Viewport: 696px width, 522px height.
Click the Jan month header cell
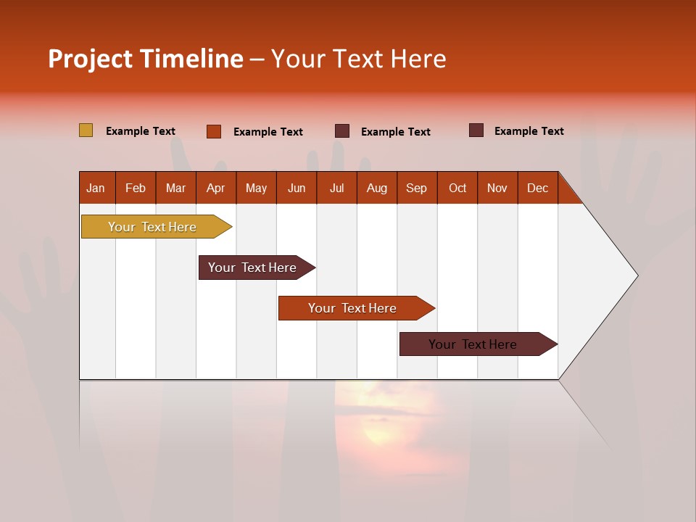click(96, 188)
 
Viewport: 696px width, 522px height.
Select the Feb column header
click(136, 188)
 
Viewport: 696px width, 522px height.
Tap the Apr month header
click(215, 188)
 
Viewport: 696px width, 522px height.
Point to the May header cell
click(256, 188)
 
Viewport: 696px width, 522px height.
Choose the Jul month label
click(336, 188)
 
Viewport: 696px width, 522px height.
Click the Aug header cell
click(376, 188)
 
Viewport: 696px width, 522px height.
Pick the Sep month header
click(416, 188)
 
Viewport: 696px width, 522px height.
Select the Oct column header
click(457, 188)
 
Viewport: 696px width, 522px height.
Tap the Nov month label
click(497, 188)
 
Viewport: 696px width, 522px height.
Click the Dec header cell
click(537, 188)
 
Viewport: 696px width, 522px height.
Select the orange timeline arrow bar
click(353, 308)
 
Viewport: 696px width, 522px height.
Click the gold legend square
click(86, 130)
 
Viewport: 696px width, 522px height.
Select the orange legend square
click(213, 131)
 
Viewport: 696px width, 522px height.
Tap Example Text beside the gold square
click(141, 131)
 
